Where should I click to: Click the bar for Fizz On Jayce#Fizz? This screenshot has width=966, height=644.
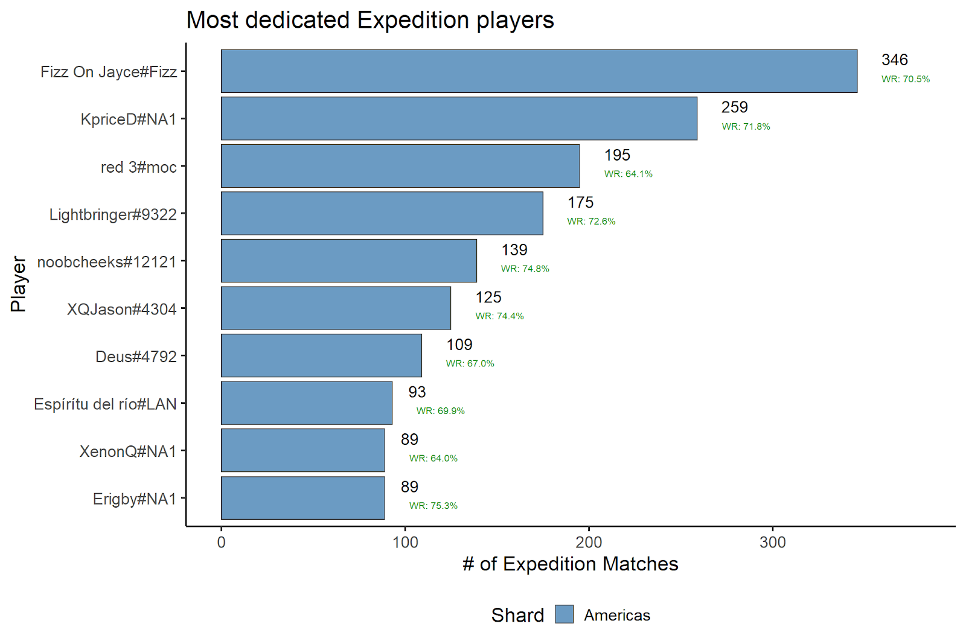click(x=539, y=71)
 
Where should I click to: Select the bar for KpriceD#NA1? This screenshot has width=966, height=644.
click(x=459, y=118)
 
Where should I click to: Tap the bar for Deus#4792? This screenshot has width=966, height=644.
click(x=321, y=355)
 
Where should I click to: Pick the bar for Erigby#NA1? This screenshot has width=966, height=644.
click(x=302, y=498)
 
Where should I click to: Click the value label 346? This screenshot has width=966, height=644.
click(x=894, y=60)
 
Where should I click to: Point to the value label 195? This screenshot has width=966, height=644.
click(x=617, y=155)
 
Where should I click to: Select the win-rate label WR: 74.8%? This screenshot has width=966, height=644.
click(x=525, y=269)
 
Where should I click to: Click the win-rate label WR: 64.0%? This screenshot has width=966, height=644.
click(x=433, y=458)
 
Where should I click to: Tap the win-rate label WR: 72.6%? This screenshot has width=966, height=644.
click(x=591, y=222)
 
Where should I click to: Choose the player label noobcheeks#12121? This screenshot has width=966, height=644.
click(x=107, y=262)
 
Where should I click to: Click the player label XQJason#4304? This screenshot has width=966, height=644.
click(x=121, y=309)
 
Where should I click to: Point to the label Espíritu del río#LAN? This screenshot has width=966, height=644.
click(x=105, y=404)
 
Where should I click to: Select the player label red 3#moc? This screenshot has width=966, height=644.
click(x=138, y=167)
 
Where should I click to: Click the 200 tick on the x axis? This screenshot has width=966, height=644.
click(x=589, y=542)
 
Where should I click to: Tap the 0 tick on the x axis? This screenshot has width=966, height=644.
click(x=222, y=542)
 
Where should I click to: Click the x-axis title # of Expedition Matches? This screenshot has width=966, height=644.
click(x=570, y=564)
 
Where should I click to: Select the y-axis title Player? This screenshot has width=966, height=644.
click(x=19, y=284)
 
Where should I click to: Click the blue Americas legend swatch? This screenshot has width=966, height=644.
click(x=564, y=614)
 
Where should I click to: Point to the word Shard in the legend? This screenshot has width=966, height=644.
click(x=517, y=615)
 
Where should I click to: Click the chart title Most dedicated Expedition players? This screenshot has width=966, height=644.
click(x=369, y=20)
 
